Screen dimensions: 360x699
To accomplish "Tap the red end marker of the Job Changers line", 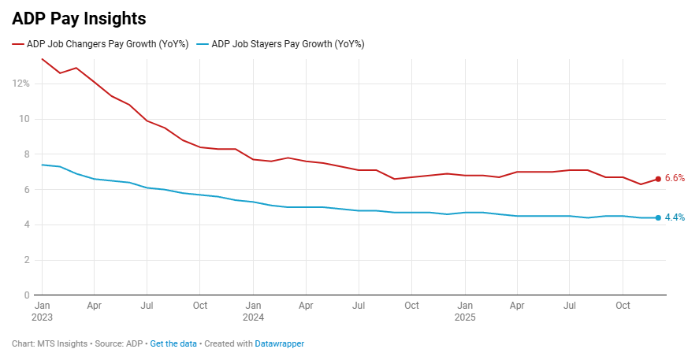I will point(658,179).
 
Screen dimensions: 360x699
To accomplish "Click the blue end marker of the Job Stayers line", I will point(658,217).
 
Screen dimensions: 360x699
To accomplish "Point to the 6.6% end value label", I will point(675,179).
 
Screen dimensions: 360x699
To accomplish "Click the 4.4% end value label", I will point(675,217).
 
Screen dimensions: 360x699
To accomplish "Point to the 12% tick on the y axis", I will point(21,84).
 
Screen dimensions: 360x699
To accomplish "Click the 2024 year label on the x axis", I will point(253,318).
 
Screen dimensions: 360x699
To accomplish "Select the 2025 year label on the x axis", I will point(465,318).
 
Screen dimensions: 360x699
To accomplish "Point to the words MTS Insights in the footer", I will point(65,344).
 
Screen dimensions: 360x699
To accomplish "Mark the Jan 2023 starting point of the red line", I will point(42,59).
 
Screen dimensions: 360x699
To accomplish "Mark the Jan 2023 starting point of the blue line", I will point(42,165).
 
